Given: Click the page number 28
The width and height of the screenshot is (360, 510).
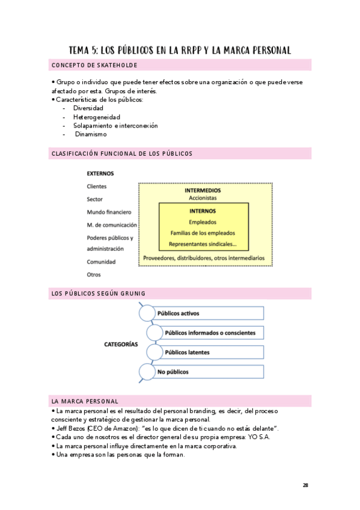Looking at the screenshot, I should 305,485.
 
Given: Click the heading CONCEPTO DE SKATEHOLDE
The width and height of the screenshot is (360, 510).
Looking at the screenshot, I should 95,65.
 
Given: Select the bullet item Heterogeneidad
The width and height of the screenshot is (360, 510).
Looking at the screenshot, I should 96,117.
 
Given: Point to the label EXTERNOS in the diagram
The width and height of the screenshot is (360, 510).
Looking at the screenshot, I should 100,173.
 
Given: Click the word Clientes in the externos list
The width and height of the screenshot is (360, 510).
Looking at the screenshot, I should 97,186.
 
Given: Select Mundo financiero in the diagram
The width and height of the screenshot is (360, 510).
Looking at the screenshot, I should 109,212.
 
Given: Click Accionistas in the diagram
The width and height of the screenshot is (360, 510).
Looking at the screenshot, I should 203,198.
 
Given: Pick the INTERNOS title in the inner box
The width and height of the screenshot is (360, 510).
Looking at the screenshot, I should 203,211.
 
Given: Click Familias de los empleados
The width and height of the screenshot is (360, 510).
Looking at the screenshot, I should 203,233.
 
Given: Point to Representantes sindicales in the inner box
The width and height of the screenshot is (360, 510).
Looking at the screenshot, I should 203,244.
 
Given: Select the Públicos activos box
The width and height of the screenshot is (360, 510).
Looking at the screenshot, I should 207,313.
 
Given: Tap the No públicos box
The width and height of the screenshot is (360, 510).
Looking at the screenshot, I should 207,372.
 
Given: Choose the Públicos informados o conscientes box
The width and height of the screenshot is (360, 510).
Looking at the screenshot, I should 210,333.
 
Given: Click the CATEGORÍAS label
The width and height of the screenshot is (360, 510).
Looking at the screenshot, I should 121,345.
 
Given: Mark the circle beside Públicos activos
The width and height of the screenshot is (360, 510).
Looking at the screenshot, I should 147,313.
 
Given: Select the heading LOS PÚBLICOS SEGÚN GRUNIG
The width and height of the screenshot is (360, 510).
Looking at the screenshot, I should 99,293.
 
